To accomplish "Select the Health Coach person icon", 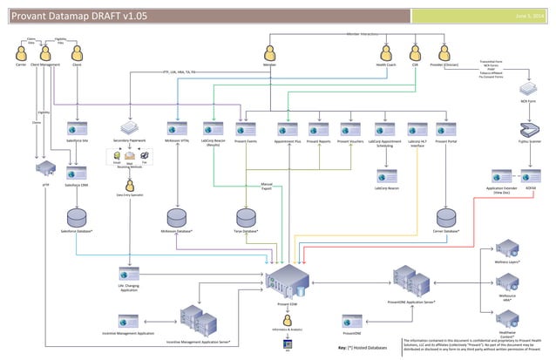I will [x=386, y=53].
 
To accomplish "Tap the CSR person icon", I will [x=416, y=53].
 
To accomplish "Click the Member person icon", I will [x=270, y=53].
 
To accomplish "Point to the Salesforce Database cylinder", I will [x=78, y=215].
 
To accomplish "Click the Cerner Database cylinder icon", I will [x=446, y=215].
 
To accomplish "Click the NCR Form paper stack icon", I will [x=528, y=90].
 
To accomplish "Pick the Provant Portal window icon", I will [x=446, y=128].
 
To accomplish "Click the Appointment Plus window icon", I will [x=287, y=128].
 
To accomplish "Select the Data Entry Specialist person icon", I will [x=130, y=185].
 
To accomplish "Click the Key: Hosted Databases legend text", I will [x=362, y=347].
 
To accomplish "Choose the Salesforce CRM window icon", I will [x=78, y=173].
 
